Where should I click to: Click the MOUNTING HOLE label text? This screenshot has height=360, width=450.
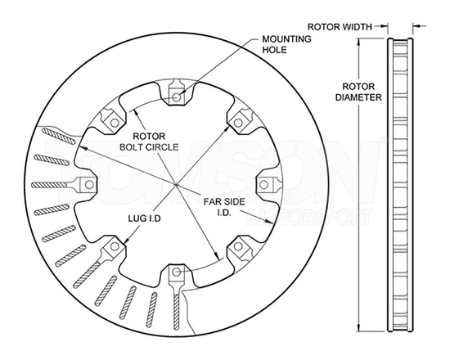(286, 44)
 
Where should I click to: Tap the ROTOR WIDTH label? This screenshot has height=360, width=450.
(340, 27)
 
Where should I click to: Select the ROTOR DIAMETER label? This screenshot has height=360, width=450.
(358, 92)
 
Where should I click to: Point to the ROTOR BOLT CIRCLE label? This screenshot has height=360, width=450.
(149, 142)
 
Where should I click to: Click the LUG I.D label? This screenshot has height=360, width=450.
(144, 218)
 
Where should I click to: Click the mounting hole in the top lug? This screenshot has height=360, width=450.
(177, 97)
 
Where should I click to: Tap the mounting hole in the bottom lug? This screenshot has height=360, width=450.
(177, 272)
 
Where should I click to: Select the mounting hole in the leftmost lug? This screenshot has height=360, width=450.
(89, 185)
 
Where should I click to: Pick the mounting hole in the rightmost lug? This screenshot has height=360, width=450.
(264, 185)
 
